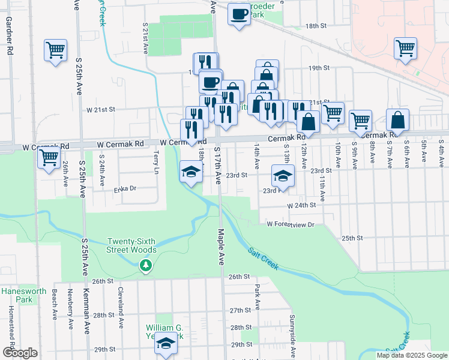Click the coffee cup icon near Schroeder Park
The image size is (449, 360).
point(239,13)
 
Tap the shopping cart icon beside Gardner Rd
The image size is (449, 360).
point(55,50)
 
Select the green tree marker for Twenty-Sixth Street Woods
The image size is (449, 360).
point(145,265)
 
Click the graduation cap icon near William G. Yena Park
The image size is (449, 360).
point(166,344)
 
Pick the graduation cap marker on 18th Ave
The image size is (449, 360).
point(191,173)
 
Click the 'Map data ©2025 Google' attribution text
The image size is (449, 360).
point(412,355)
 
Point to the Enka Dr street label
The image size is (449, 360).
point(125,188)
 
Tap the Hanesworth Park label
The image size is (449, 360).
point(16,295)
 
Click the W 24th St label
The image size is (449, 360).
point(301,205)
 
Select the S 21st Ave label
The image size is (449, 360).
point(146,38)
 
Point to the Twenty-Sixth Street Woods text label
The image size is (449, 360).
point(132,245)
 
